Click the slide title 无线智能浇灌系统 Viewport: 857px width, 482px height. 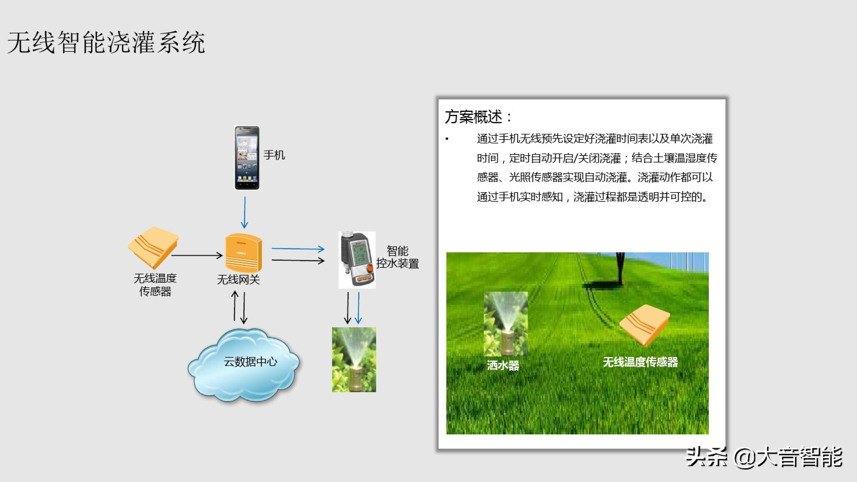(x=106, y=43)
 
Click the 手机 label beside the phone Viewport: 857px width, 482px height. (x=274, y=155)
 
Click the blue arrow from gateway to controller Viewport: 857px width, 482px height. (x=298, y=248)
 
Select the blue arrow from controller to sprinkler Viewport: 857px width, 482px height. (x=359, y=308)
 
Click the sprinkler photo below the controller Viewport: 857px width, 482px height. (x=354, y=360)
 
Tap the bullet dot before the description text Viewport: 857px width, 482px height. (x=447, y=139)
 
